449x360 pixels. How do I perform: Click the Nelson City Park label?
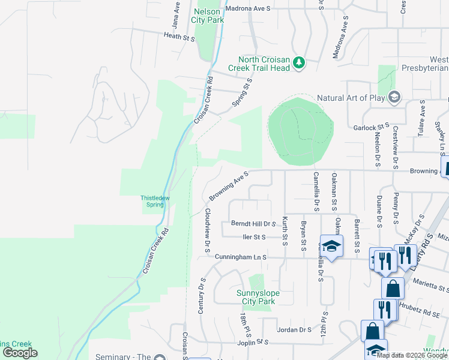click(208, 15)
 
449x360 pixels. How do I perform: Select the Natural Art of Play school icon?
click(394, 97)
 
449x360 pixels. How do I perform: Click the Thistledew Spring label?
click(155, 201)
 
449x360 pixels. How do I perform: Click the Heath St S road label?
click(180, 37)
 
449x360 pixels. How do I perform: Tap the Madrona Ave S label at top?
click(248, 8)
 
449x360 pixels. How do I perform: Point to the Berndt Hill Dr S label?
click(253, 223)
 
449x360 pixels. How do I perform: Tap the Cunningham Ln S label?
click(240, 257)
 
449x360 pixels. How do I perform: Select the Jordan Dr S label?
click(294, 329)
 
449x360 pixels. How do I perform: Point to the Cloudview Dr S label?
click(206, 229)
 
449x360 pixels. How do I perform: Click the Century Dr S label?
click(202, 296)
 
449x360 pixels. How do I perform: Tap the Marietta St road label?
click(429, 286)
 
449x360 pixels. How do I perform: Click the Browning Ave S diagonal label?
click(228, 185)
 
